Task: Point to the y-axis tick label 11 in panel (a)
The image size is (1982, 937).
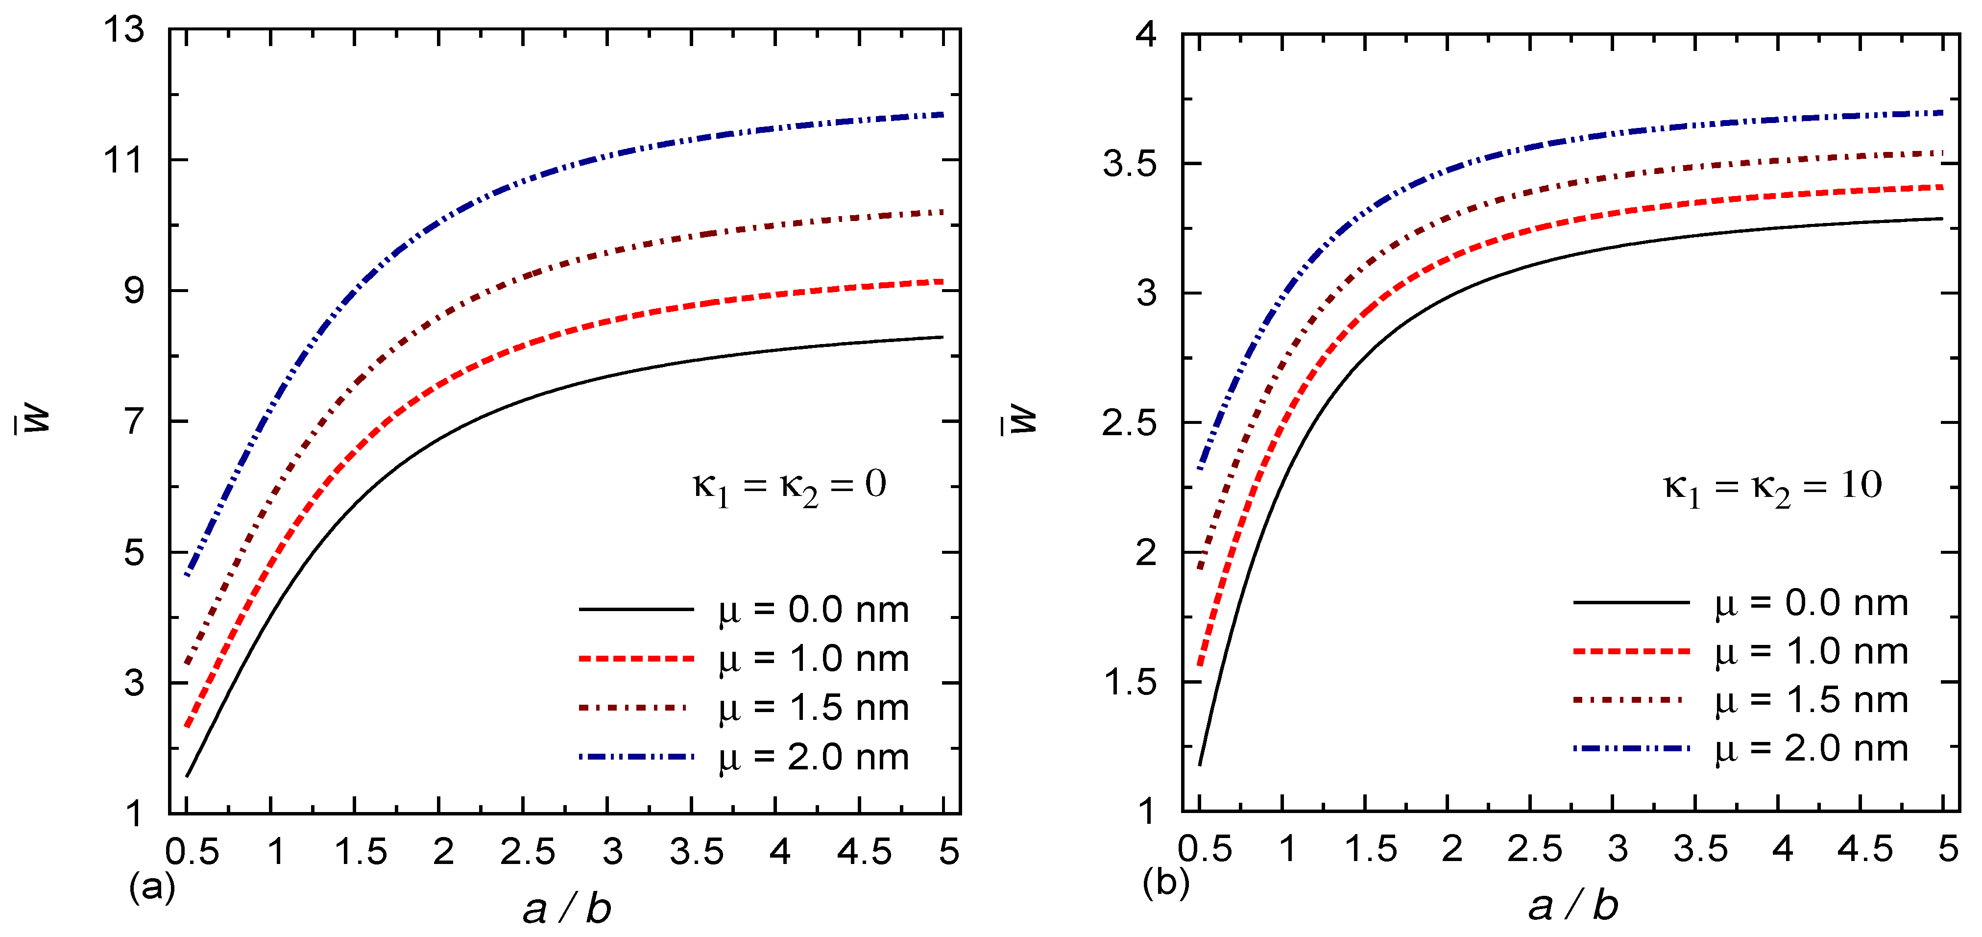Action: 124,160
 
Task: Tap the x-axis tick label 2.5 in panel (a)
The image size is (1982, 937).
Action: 527,852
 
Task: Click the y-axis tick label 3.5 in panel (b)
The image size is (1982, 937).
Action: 1129,164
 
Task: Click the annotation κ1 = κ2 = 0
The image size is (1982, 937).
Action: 789,487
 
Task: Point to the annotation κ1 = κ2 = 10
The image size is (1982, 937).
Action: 1772,487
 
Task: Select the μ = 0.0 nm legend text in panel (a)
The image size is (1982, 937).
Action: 813,610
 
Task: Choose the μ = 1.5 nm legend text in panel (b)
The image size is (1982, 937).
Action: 1811,700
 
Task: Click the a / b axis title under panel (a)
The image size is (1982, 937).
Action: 567,909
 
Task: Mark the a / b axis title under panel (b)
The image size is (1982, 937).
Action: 1572,906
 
